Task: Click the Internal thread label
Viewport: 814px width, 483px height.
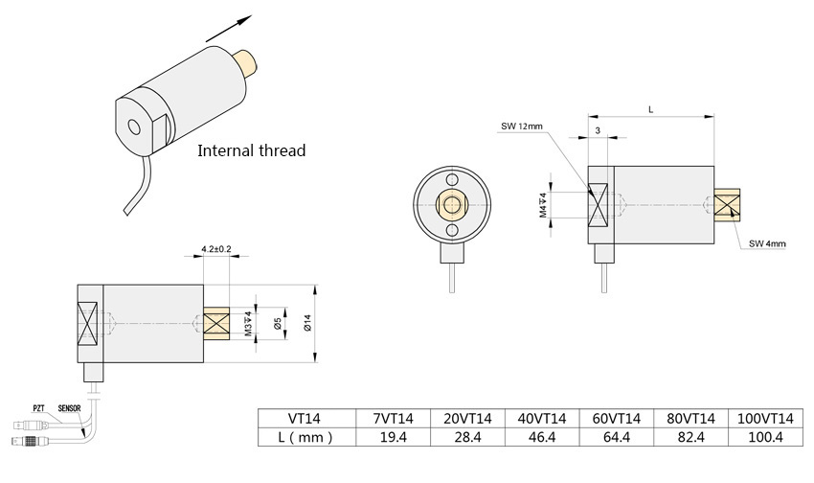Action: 251,150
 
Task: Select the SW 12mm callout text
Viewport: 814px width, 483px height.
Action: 521,126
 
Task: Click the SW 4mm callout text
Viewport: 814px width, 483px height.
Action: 767,244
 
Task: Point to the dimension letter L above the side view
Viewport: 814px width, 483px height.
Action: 651,110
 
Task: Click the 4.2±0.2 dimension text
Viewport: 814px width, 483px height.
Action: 216,249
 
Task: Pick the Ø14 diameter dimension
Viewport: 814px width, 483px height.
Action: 305,325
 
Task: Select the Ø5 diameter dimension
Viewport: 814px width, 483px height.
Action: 276,325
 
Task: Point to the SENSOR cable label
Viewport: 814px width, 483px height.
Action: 70,407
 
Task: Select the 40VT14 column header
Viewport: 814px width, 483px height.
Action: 541,419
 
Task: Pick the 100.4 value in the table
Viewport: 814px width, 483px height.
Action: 765,437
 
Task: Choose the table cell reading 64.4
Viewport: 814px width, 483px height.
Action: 616,437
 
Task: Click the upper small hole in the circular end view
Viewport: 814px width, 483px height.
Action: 451,178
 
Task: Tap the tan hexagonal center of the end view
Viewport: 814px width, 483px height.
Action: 451,204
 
